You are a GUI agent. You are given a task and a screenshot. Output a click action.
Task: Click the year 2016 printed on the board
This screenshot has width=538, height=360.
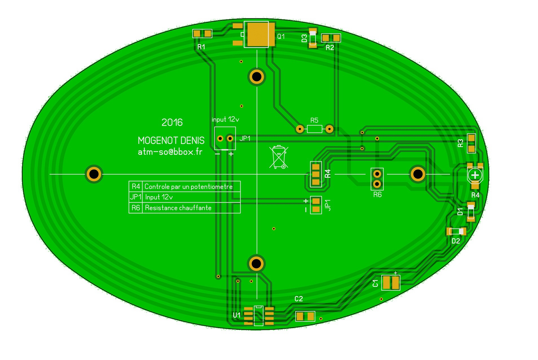tap(172, 122)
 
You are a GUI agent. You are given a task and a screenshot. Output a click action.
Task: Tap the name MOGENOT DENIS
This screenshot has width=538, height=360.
tap(171, 141)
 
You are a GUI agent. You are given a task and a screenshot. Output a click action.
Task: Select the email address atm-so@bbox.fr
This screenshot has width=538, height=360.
tap(170, 152)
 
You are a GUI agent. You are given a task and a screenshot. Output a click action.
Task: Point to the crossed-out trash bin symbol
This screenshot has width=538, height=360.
tap(279, 157)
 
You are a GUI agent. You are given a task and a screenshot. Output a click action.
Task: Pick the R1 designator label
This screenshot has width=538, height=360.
tap(201, 47)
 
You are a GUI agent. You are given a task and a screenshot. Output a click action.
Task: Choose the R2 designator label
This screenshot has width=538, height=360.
tap(330, 48)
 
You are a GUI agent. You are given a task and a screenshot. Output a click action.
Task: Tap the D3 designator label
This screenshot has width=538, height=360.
tap(304, 38)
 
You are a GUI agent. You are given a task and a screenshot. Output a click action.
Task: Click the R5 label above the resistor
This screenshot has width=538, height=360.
tap(314, 120)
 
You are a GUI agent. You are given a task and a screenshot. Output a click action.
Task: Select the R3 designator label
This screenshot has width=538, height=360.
tap(460, 143)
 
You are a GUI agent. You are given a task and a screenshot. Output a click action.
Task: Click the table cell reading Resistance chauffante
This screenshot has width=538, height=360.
tap(178, 208)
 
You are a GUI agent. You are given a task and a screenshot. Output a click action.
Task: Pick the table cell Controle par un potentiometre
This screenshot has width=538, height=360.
tap(188, 187)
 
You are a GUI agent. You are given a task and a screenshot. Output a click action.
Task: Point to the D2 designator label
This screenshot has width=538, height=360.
tap(456, 241)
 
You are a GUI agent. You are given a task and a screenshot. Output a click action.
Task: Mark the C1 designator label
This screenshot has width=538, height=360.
tap(375, 283)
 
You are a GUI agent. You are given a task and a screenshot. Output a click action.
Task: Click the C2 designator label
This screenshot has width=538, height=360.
tap(298, 299)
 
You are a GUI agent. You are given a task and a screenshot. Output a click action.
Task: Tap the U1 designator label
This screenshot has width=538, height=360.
tap(237, 315)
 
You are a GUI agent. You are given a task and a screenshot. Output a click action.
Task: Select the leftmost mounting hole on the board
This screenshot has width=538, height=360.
tap(94, 174)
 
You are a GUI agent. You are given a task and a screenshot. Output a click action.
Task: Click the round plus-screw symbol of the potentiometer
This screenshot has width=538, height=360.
tap(475, 175)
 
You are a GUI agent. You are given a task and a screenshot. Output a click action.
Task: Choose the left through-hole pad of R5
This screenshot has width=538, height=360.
tap(300, 129)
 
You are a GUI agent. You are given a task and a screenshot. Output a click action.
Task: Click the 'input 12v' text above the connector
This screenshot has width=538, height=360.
tap(225, 120)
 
